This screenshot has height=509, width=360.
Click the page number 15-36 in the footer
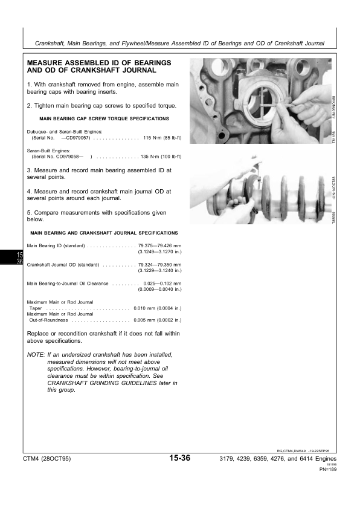coord(181,458)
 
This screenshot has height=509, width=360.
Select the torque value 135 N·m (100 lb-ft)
coord(161,156)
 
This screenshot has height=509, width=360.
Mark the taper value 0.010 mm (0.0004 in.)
coord(157,308)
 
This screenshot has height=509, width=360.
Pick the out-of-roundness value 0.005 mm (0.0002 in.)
coord(157,320)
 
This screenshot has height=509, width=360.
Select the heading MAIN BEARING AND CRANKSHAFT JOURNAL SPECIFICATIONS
coord(104,232)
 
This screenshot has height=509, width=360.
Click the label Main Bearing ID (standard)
coord(56,245)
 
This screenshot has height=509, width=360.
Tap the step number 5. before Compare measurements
coord(30,213)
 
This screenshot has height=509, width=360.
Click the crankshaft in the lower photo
coord(260,199)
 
